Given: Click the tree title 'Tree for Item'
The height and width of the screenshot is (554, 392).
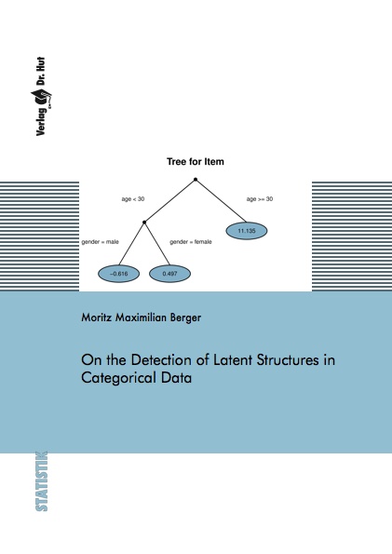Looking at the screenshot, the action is tap(196, 162).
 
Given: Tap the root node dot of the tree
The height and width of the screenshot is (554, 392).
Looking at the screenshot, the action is tap(196, 180).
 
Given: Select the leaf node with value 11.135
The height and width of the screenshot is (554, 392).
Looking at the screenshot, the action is tap(247, 231).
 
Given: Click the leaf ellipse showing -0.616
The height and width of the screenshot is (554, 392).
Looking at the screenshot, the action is tap(119, 274).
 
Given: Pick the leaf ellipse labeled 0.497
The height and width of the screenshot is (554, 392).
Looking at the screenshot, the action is tap(169, 274).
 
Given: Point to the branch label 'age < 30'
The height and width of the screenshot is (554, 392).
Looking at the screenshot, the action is tap(133, 199).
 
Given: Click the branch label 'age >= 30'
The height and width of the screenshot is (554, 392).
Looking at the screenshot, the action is tap(260, 199).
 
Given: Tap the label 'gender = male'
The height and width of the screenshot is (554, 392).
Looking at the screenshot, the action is tap(100, 242).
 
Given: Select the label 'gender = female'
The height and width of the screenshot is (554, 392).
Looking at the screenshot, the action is tap(191, 242).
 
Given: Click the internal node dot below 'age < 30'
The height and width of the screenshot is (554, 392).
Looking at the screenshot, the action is tap(144, 223).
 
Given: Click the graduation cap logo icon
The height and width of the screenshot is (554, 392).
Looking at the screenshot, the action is tap(41, 98).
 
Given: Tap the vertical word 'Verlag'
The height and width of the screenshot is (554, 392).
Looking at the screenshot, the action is tap(41, 122).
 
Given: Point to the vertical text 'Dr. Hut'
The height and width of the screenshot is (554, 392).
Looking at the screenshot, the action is tap(41, 72).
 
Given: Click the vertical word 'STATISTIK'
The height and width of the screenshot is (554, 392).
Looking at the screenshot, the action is tap(41, 481).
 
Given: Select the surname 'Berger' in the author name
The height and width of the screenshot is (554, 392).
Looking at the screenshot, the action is tap(185, 318).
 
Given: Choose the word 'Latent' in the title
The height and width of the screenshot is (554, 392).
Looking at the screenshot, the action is tap(233, 360).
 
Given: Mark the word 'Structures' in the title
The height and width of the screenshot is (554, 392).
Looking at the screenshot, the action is tap(288, 360).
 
